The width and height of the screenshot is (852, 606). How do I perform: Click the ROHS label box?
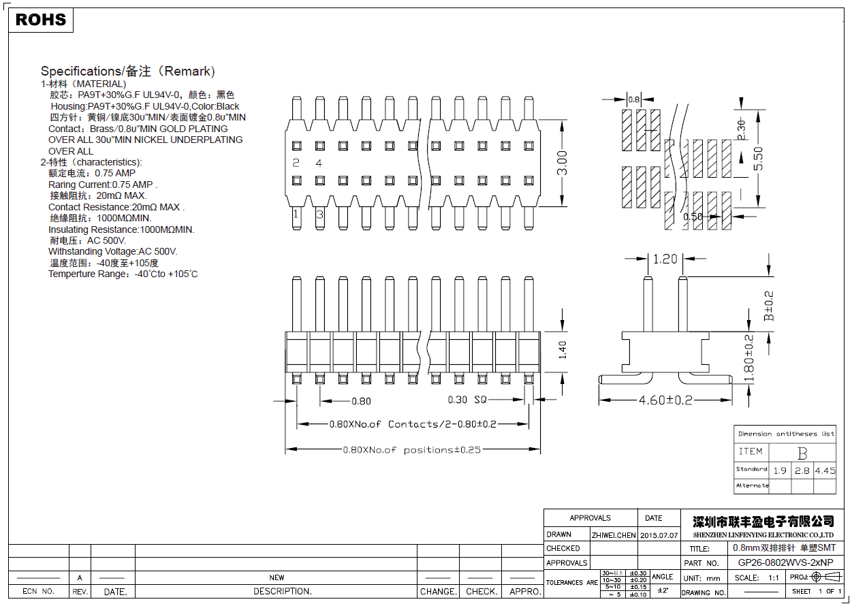(x=41, y=20)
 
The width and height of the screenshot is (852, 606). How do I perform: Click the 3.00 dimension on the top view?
(x=563, y=163)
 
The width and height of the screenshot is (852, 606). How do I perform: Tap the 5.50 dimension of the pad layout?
(x=759, y=158)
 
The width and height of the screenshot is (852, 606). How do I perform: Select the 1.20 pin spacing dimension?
(x=665, y=259)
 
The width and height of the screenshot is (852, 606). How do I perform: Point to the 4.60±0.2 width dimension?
(x=665, y=400)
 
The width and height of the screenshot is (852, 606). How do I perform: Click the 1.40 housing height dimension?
(x=563, y=349)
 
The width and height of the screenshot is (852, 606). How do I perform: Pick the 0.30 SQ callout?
(x=467, y=400)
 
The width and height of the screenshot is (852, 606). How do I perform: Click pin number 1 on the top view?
(x=296, y=214)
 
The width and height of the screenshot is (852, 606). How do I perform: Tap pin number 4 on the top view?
(x=319, y=163)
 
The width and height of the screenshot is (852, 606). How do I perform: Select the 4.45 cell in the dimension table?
(x=825, y=471)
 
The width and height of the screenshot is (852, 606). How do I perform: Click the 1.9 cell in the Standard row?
(x=780, y=471)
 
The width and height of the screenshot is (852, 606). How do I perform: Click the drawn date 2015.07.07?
(x=659, y=535)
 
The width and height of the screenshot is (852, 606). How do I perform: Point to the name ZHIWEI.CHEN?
(x=613, y=535)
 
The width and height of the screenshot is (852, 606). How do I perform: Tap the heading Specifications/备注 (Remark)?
(x=128, y=71)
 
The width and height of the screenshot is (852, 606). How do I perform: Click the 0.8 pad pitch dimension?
(x=633, y=99)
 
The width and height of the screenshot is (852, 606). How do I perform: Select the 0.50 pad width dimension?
(x=693, y=217)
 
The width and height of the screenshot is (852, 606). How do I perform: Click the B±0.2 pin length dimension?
(x=769, y=306)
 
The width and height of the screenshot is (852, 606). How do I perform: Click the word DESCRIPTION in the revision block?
(x=283, y=592)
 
